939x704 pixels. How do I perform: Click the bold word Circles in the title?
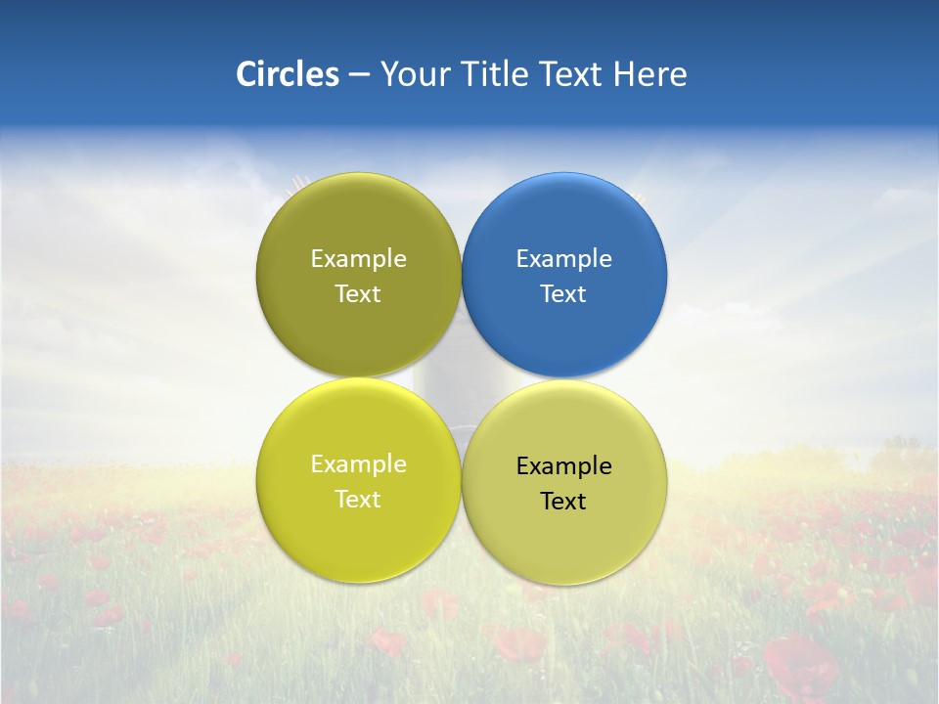coord(287,74)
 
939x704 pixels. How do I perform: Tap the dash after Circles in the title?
coord(358,75)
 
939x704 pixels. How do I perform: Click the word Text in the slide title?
coord(571,74)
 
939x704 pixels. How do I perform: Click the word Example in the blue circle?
coord(563,259)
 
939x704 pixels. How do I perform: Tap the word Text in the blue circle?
coord(563,293)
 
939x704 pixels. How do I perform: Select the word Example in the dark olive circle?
coord(358,259)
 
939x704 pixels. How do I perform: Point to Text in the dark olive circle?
coord(358,293)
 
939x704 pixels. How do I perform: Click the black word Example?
coord(563,466)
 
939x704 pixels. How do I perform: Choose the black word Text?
coord(563,501)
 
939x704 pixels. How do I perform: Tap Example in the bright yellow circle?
coord(358,464)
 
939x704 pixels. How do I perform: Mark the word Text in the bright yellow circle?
coord(358,499)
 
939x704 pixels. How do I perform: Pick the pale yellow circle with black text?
coord(564,543)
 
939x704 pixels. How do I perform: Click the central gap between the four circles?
coord(462,377)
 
